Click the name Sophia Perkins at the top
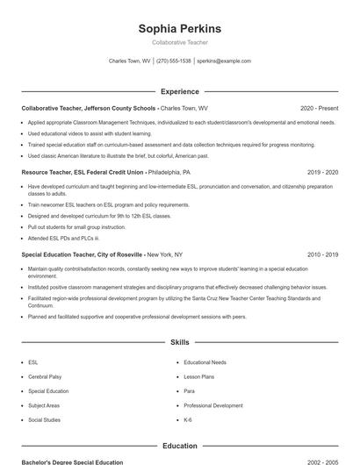tap(179, 28)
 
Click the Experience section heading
tap(179, 91)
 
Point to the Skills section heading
tap(179, 343)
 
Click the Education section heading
tap(179, 446)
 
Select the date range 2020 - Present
tap(319, 108)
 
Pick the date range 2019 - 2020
tap(322, 173)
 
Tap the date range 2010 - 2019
tap(322, 254)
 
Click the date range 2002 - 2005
tap(322, 461)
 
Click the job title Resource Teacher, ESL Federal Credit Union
tap(83, 173)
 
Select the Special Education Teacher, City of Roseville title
tap(83, 254)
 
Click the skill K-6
tap(189, 420)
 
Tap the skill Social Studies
tap(44, 420)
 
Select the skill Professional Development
tap(213, 405)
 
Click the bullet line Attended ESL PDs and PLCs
tap(63, 238)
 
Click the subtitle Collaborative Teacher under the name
tap(179, 42)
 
